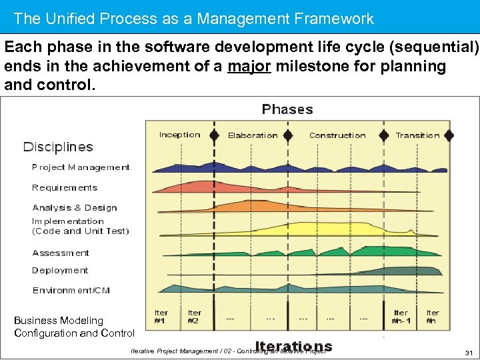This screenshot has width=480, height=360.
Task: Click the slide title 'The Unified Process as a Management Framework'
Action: [x=193, y=19]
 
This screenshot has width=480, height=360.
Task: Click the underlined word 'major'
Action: [x=249, y=67]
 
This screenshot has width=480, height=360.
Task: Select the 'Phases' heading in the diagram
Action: [x=287, y=109]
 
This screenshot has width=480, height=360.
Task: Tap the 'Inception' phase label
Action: [x=179, y=135]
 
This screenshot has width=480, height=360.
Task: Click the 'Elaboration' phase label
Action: [x=253, y=135]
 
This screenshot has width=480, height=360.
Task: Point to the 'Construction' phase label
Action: [x=337, y=135]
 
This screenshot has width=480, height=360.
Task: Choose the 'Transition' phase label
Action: [x=418, y=135]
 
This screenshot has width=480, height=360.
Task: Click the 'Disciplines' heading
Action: [x=59, y=147]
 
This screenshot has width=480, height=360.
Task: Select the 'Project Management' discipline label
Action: [x=81, y=167]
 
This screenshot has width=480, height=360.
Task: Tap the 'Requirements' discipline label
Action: [x=65, y=188]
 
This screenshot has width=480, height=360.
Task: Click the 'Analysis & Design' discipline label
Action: [x=75, y=208]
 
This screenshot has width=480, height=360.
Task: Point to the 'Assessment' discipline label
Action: [x=61, y=253]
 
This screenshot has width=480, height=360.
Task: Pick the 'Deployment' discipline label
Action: [x=60, y=271]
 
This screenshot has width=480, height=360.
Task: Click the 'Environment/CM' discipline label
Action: [x=71, y=291]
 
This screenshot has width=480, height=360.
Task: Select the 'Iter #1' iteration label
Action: [x=161, y=316]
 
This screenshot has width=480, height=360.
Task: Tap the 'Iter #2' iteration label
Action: [x=195, y=316]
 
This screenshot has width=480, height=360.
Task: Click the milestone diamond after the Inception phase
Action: [x=214, y=135]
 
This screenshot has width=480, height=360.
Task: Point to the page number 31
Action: [x=468, y=352]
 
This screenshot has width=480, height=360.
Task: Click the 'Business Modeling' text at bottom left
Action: [x=59, y=321]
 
